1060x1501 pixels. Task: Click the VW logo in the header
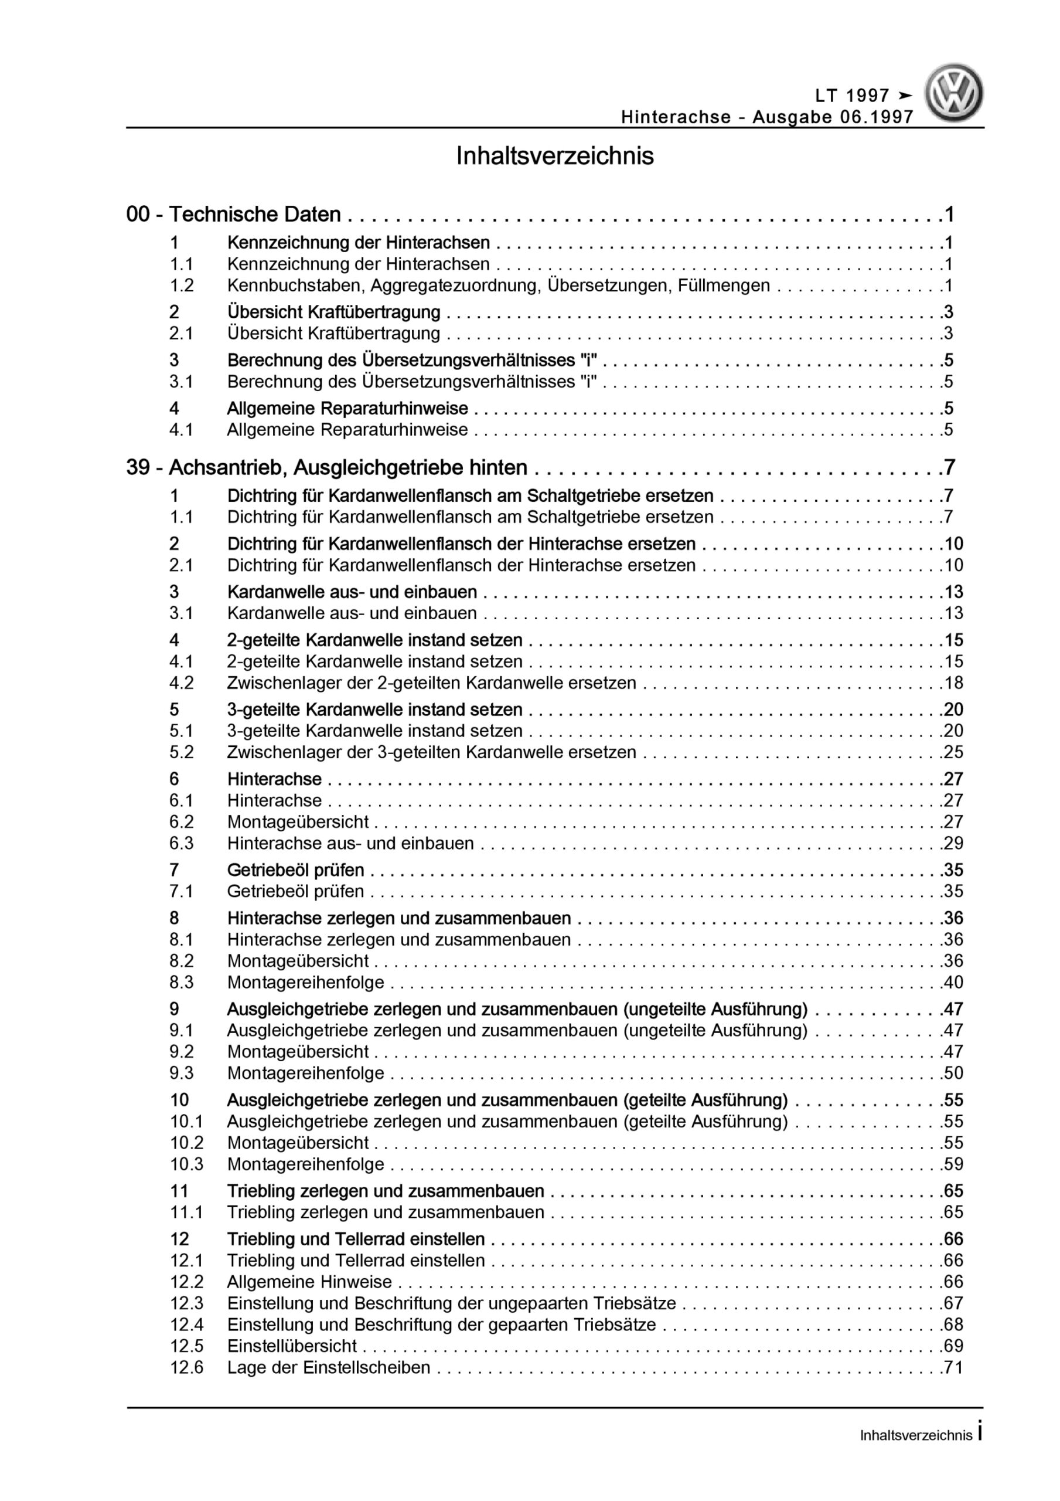(953, 92)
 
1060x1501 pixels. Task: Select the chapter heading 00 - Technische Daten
(233, 214)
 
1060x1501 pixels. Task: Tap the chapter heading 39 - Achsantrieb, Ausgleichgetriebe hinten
(327, 467)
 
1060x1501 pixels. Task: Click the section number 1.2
(182, 285)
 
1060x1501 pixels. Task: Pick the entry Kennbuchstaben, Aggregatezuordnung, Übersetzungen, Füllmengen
(499, 285)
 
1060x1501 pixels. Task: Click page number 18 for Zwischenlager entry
(953, 682)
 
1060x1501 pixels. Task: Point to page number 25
(953, 752)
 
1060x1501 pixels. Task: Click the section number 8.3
(182, 982)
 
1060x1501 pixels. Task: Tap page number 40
(953, 982)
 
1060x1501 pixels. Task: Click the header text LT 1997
(852, 96)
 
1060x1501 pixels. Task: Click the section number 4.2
(182, 682)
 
